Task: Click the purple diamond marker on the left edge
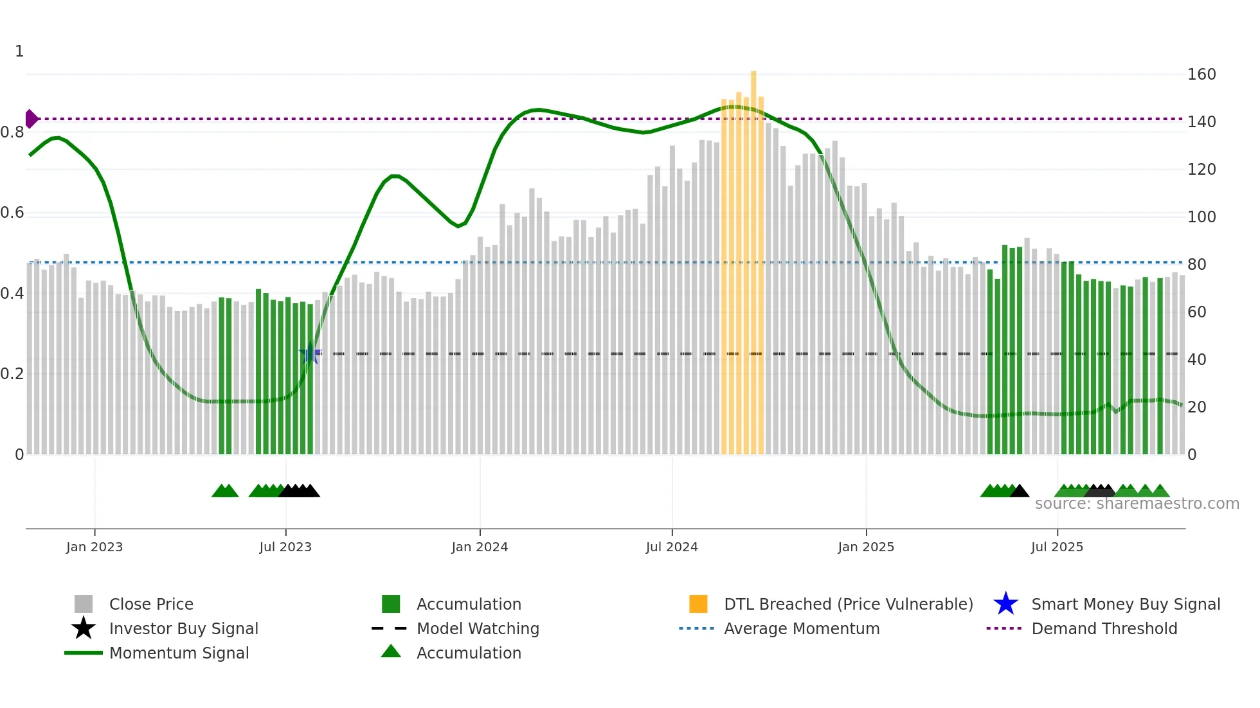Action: pyautogui.click(x=31, y=119)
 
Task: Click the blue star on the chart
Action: pyautogui.click(x=310, y=353)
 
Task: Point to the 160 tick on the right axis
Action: pyautogui.click(x=1201, y=75)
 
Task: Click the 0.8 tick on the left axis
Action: pyautogui.click(x=12, y=132)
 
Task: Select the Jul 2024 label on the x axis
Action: pyautogui.click(x=672, y=547)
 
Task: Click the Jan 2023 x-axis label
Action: pyautogui.click(x=94, y=547)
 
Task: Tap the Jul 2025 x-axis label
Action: pyautogui.click(x=1057, y=547)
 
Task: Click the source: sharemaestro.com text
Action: pyautogui.click(x=1137, y=504)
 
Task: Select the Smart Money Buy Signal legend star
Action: pyautogui.click(x=1005, y=604)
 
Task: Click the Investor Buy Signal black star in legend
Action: pyautogui.click(x=84, y=628)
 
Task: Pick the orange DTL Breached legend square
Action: pyautogui.click(x=698, y=604)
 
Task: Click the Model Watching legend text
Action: pyautogui.click(x=478, y=628)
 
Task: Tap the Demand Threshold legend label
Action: pyautogui.click(x=1104, y=628)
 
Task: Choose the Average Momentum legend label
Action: pyautogui.click(x=802, y=628)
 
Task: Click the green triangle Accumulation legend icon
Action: pyautogui.click(x=391, y=652)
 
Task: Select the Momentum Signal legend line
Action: pyautogui.click(x=84, y=653)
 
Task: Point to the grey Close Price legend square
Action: pyautogui.click(x=84, y=604)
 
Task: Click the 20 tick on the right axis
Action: pyautogui.click(x=1196, y=407)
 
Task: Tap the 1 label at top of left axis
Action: pyautogui.click(x=19, y=51)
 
